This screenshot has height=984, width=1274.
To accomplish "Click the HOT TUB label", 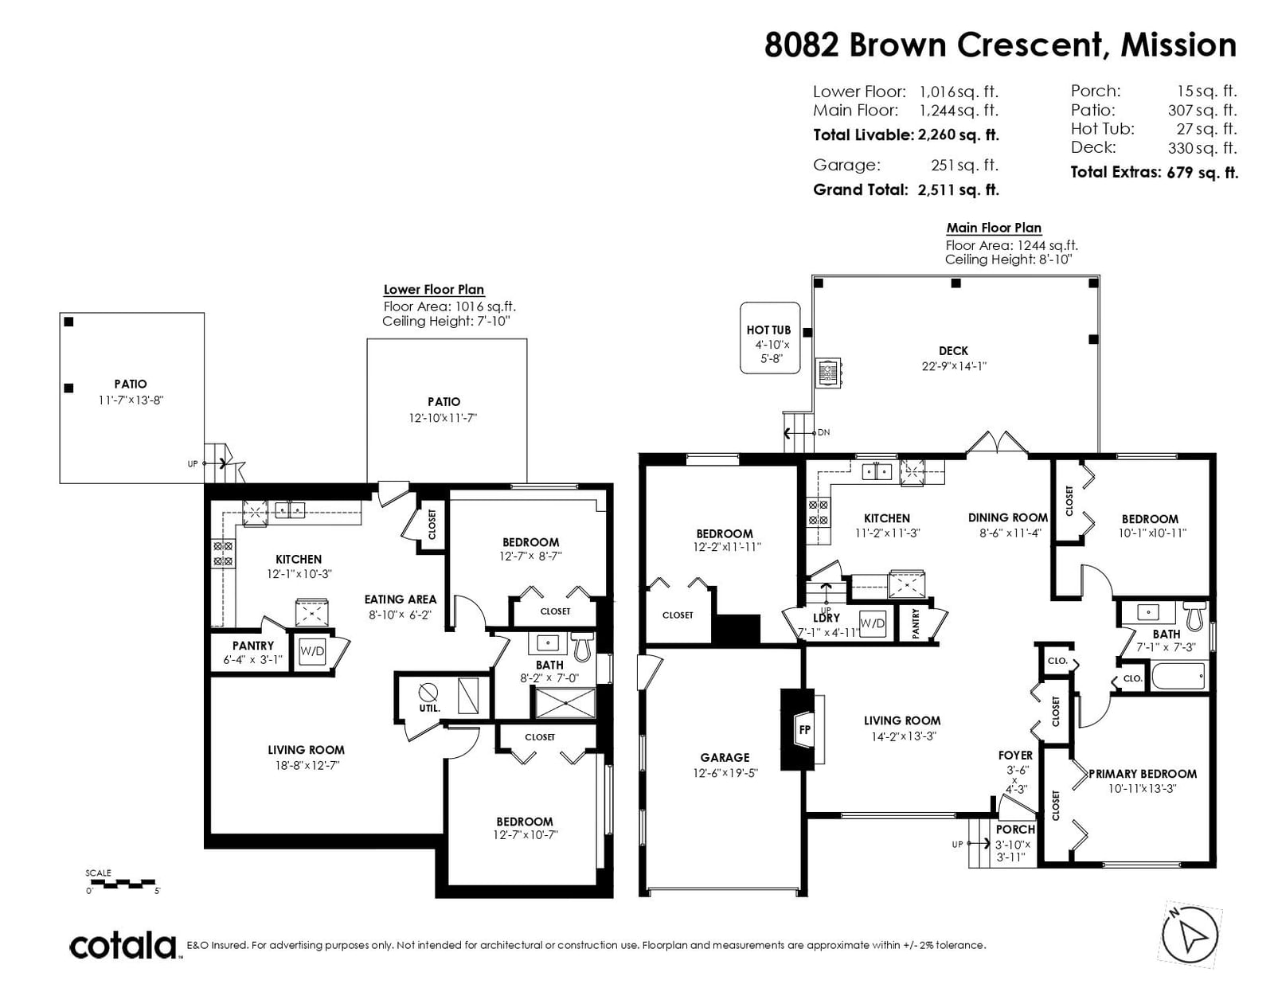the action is click(x=768, y=330).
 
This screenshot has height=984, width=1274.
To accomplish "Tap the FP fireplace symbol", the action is click(x=803, y=730).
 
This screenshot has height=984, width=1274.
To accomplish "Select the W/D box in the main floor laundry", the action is click(x=872, y=623).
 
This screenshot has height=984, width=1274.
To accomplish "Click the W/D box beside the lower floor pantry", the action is click(x=312, y=651).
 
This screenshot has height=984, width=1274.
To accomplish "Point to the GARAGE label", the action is click(x=725, y=758).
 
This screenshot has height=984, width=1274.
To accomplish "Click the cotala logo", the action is click(x=123, y=945).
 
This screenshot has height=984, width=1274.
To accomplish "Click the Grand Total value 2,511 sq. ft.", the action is click(x=959, y=190).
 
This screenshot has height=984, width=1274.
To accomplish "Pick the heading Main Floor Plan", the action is click(x=994, y=228).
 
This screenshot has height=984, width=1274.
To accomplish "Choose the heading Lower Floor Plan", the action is click(x=434, y=290).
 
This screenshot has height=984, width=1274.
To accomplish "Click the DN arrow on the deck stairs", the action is click(x=802, y=433).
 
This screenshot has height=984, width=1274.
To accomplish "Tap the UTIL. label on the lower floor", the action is click(x=429, y=709).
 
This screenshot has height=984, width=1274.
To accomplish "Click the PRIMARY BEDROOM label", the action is click(x=1143, y=774).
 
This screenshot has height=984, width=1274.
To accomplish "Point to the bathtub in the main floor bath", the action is click(x=1178, y=677).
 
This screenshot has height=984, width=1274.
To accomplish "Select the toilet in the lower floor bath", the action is click(x=582, y=646).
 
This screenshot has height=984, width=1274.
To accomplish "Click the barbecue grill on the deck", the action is click(x=830, y=373).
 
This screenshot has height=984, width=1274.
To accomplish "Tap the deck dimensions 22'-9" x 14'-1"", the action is click(x=954, y=366).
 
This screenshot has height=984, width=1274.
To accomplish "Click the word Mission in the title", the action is click(x=1178, y=45).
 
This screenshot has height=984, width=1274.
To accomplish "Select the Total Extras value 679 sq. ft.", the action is click(x=1202, y=172).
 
